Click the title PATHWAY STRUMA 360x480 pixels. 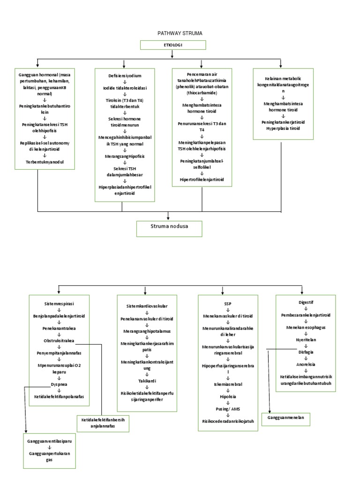click(x=173, y=34)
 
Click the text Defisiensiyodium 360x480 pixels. click(x=125, y=75)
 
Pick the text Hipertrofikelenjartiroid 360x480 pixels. click(x=202, y=179)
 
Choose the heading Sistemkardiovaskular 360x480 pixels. click(x=147, y=306)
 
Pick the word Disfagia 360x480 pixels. click(x=306, y=352)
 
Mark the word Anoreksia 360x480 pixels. click(x=306, y=364)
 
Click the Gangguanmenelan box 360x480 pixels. click(x=290, y=417)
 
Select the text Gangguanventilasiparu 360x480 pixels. click(x=51, y=441)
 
